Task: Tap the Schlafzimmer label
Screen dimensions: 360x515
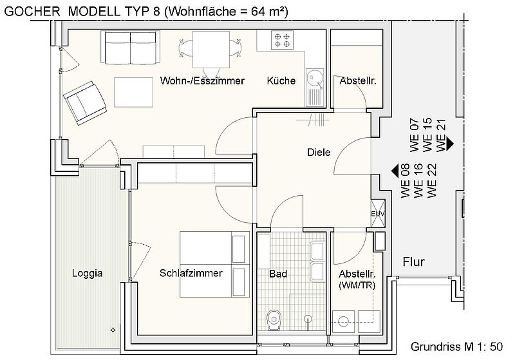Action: [x=191, y=273]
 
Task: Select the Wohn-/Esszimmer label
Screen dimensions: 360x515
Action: [x=202, y=81]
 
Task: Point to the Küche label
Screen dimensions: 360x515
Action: [x=281, y=81]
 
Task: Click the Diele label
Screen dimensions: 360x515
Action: [x=319, y=153]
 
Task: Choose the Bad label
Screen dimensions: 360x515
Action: [x=278, y=274]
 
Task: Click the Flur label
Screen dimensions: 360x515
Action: [x=417, y=262]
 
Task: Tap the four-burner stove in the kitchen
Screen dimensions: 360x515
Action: [x=282, y=41]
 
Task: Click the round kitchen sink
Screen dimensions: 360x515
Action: [x=314, y=79]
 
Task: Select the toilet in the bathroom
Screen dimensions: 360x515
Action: [x=274, y=319]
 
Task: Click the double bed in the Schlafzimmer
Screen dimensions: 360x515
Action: [x=214, y=263]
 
